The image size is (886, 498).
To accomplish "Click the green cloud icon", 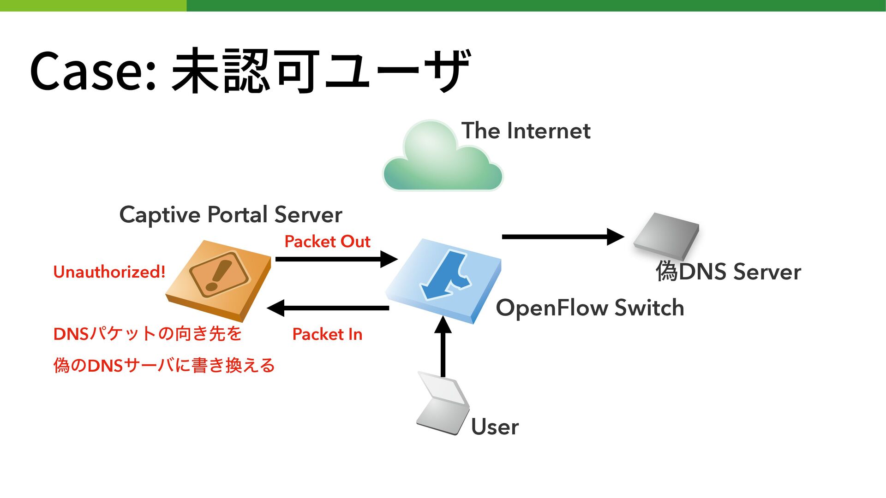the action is [443, 155].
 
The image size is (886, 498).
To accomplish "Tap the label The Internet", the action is [526, 130].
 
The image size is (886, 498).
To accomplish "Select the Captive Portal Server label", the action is [231, 215].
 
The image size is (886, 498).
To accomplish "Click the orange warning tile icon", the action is [218, 281].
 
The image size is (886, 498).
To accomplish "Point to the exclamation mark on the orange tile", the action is [218, 275].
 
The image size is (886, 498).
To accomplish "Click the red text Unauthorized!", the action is [109, 272].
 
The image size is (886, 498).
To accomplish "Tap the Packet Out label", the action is [327, 241].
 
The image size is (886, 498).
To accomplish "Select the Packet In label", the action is [327, 334].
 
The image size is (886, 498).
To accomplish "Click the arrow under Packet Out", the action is [336, 259].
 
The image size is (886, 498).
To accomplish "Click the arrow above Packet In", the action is [328, 308].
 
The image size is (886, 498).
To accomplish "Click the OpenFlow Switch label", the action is [590, 308].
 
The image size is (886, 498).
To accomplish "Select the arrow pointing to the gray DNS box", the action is [563, 237].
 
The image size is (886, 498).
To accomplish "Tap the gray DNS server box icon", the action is [666, 236].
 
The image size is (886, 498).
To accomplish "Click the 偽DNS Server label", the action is [728, 271].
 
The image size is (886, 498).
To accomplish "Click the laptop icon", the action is [443, 403].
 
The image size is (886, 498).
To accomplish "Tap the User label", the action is [495, 427].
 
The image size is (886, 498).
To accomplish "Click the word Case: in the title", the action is [92, 71].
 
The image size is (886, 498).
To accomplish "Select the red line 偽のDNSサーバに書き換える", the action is [164, 365].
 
